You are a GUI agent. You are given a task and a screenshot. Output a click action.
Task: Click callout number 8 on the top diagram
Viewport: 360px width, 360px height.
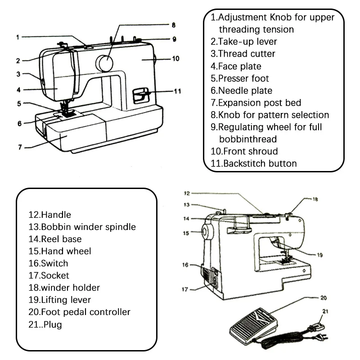174,25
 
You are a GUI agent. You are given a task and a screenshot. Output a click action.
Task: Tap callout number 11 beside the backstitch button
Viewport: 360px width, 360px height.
177,91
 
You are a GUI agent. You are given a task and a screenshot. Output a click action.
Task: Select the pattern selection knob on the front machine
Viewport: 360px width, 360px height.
104,63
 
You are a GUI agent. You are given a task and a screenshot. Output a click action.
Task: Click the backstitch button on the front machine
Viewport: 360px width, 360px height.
141,95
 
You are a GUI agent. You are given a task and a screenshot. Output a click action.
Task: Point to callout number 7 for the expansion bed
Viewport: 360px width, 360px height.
20,147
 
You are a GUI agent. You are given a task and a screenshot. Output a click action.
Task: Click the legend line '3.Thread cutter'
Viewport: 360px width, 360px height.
243,54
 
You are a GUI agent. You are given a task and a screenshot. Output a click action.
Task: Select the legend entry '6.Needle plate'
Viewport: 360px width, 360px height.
242,90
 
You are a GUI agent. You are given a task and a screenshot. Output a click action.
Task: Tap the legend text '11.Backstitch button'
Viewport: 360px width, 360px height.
254,163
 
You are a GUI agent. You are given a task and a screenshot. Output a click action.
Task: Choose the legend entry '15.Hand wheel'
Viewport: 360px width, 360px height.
60,251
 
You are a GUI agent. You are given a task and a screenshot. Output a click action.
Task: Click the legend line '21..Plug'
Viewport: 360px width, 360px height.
45,324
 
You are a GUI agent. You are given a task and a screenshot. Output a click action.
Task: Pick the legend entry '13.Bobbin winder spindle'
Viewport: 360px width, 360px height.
82,227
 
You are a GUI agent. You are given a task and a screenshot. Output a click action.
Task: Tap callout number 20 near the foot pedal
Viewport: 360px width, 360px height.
324,298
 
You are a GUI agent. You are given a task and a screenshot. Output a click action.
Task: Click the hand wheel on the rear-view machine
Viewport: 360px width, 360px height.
207,231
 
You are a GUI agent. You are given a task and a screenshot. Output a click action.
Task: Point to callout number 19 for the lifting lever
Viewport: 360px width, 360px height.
320,255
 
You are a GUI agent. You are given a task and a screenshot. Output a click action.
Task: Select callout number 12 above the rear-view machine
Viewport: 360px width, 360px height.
187,193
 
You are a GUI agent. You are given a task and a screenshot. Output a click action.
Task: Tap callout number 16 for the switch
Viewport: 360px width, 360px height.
185,265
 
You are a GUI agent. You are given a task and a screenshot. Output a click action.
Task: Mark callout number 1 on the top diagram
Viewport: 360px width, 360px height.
18,37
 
